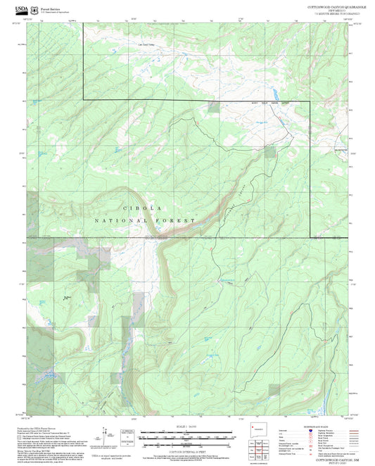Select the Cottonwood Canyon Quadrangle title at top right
click(x=327, y=5)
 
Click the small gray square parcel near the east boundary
click(x=270, y=149)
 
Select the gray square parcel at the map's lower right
click(x=274, y=389)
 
